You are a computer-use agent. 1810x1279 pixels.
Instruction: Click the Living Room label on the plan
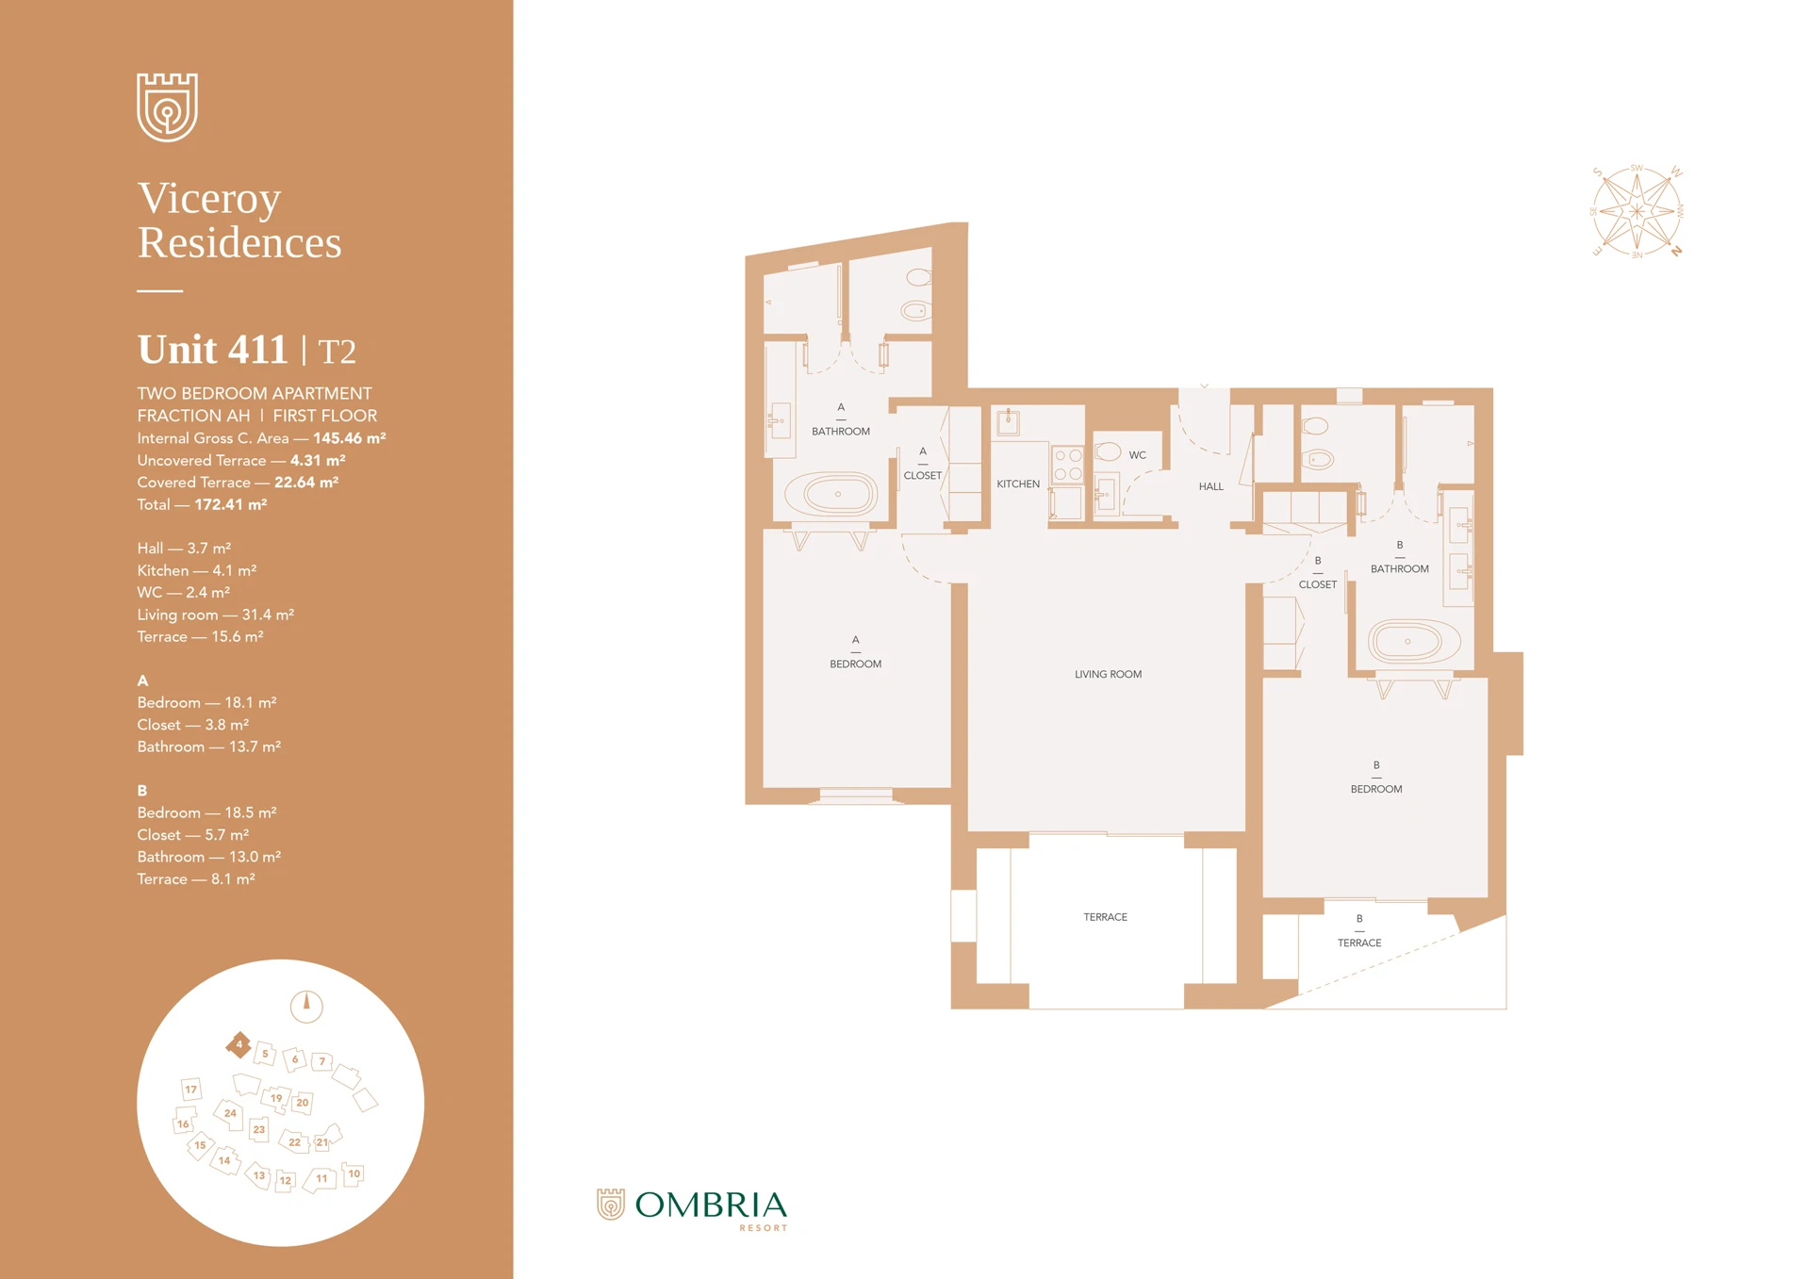pyautogui.click(x=1108, y=674)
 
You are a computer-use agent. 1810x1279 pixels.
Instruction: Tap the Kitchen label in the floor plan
pyautogui.click(x=1018, y=484)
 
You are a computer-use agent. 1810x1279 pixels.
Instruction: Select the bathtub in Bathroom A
pyautogui.click(x=837, y=494)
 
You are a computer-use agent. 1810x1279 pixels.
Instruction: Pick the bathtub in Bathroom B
pyautogui.click(x=1407, y=642)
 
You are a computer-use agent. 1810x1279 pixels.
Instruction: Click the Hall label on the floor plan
pyautogui.click(x=1210, y=486)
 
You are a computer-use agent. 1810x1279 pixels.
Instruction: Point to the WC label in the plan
pyautogui.click(x=1138, y=455)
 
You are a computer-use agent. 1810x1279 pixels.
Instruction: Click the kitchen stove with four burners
pyautogui.click(x=1068, y=464)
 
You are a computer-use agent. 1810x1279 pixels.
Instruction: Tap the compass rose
pyautogui.click(x=1637, y=211)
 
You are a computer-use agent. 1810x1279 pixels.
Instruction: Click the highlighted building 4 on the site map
pyautogui.click(x=239, y=1044)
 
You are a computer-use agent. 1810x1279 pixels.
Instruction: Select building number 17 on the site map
pyautogui.click(x=191, y=1090)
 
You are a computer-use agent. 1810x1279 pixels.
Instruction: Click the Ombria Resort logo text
pyautogui.click(x=710, y=1206)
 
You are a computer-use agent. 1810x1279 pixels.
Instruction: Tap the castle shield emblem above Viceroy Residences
pyautogui.click(x=167, y=107)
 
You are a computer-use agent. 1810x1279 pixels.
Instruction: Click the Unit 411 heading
pyautogui.click(x=213, y=350)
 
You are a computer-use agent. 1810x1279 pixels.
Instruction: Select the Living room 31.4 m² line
pyautogui.click(x=215, y=615)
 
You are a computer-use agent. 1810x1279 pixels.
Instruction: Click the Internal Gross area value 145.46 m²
pyautogui.click(x=349, y=438)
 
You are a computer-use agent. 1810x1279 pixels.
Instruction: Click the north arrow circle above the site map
pyautogui.click(x=306, y=1006)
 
